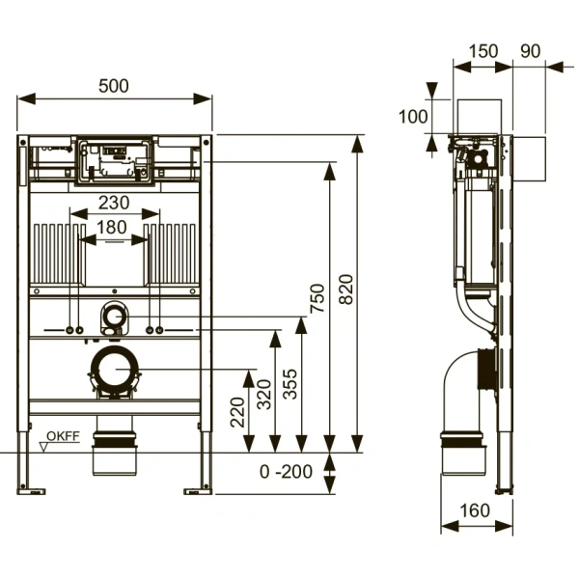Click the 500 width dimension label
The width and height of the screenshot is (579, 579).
click(114, 86)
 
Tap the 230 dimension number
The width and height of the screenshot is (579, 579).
click(114, 203)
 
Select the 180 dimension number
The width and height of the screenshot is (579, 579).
click(112, 227)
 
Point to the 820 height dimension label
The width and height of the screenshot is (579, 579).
click(346, 289)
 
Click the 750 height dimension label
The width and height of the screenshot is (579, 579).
click(317, 298)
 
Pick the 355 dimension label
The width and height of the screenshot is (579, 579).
click(289, 384)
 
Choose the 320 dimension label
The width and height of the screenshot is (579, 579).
click(264, 395)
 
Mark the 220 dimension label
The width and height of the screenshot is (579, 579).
click(237, 412)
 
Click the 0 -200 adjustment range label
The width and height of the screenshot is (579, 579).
click(287, 472)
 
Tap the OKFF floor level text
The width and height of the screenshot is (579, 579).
click(63, 436)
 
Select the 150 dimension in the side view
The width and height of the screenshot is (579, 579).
click(483, 51)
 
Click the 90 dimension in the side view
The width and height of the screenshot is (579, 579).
click(531, 51)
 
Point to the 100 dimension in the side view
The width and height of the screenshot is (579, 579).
click(413, 117)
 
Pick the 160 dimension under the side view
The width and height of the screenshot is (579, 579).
click(475, 510)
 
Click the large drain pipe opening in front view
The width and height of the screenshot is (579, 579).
click(115, 370)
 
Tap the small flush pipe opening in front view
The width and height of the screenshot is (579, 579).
click(115, 317)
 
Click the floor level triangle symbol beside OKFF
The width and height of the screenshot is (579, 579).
click(44, 447)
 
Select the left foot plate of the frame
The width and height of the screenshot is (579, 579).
click(31, 491)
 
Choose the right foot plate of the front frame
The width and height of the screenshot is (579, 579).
click(198, 491)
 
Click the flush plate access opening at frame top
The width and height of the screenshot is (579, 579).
click(115, 161)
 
